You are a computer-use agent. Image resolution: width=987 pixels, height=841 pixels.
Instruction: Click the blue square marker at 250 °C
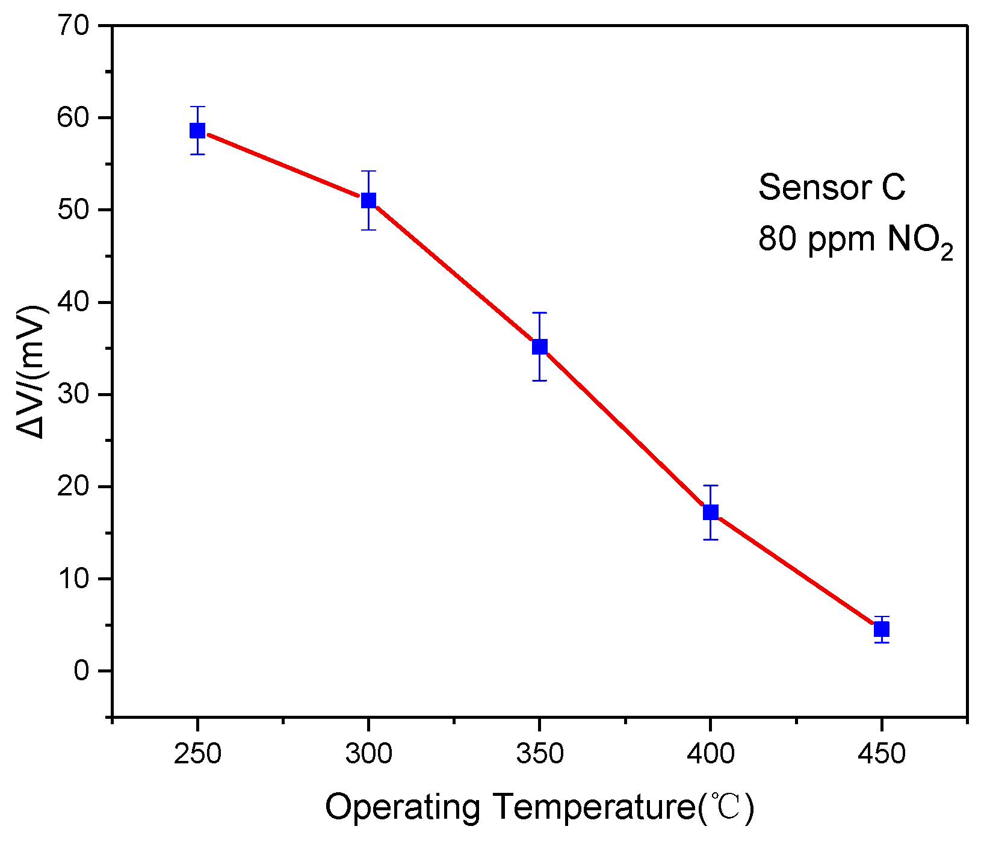click(197, 130)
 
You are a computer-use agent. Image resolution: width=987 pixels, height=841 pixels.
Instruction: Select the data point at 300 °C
click(368, 200)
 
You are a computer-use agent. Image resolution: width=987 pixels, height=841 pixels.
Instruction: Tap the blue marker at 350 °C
click(540, 346)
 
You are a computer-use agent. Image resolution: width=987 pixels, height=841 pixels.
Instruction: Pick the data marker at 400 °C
click(711, 512)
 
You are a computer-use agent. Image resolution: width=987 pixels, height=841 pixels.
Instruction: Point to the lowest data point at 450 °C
click(882, 629)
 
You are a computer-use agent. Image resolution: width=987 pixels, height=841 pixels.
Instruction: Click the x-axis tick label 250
click(197, 754)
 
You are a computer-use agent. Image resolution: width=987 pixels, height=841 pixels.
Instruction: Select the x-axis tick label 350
click(540, 754)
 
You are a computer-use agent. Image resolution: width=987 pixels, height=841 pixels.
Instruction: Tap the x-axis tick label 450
click(882, 754)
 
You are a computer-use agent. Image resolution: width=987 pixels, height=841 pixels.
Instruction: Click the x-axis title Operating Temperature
click(539, 807)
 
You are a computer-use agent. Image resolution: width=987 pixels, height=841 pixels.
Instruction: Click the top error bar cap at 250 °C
click(197, 107)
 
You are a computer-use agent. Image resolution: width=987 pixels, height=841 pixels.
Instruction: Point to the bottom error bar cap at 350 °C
click(540, 380)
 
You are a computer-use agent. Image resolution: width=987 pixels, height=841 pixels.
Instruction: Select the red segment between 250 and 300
click(283, 165)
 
